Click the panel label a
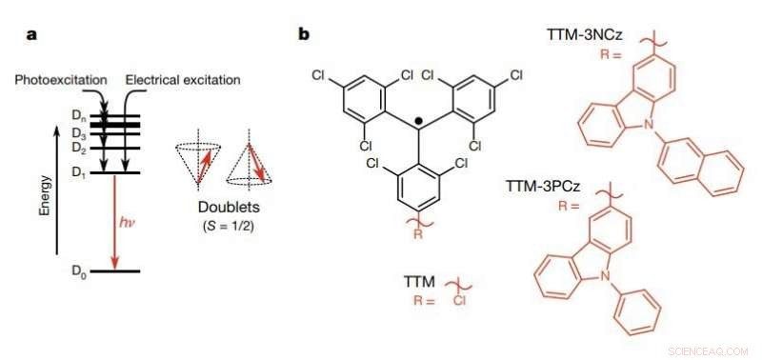(31, 34)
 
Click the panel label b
(304, 34)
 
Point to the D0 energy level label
(79, 272)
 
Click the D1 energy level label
(79, 171)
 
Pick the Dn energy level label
(79, 115)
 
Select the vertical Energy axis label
(45, 191)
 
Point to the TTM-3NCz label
(585, 34)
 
